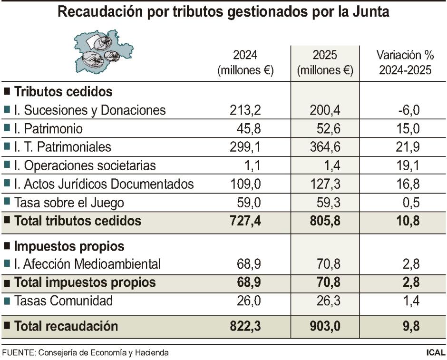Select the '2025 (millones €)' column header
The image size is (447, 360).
(325, 63)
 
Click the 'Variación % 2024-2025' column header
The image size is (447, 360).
(405, 63)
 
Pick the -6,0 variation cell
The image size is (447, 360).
(407, 110)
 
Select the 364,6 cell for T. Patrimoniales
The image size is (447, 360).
(324, 147)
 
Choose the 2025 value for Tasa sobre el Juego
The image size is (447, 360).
(326, 203)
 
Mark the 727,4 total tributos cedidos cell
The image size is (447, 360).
(243, 221)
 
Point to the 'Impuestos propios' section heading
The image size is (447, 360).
(69, 246)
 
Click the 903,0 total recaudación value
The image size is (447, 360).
(325, 326)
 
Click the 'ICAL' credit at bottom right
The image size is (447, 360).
(436, 353)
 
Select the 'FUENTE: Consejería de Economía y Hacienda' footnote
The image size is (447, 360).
(85, 353)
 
